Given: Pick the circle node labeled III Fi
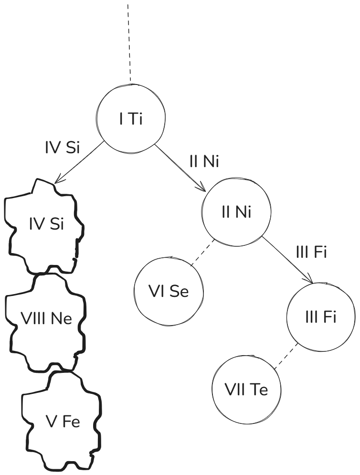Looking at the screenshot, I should pyautogui.click(x=321, y=317).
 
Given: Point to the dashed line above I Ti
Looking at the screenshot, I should pyautogui.click(x=128, y=43).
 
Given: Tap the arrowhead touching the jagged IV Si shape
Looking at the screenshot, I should pyautogui.click(x=58, y=180).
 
